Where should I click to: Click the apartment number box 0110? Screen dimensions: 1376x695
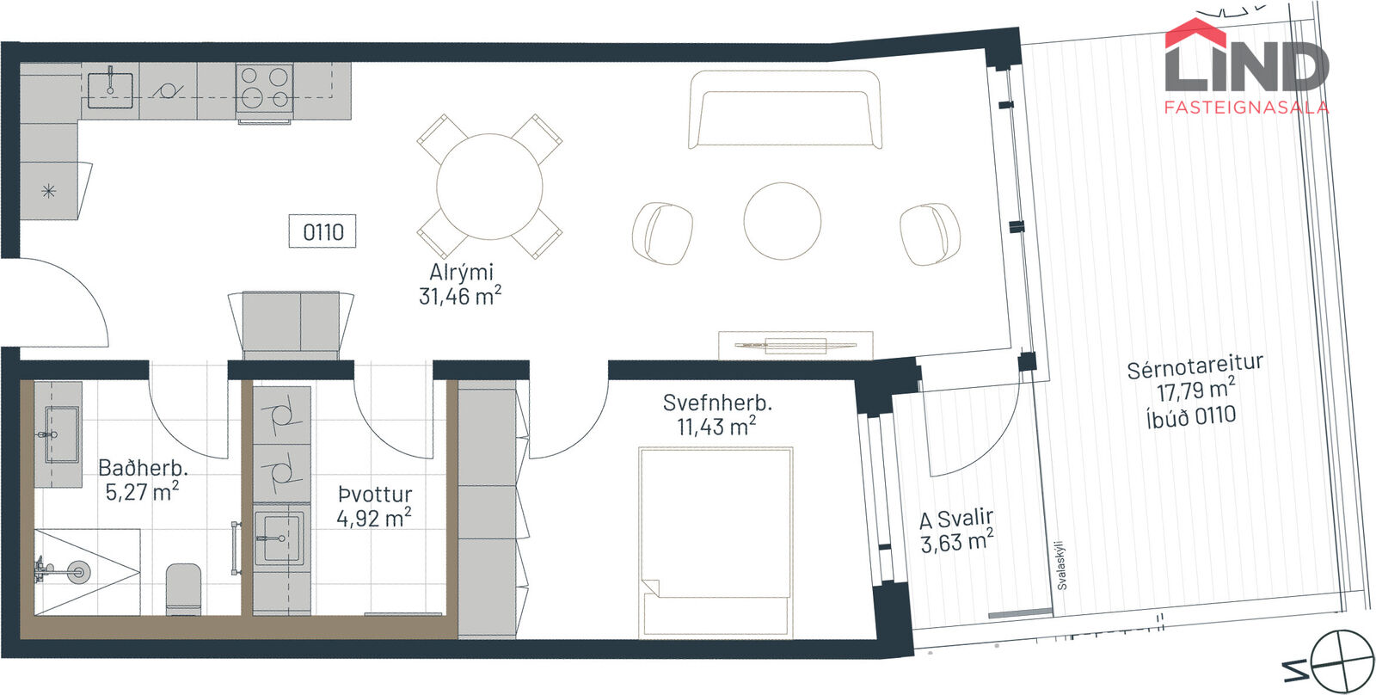[x=322, y=231]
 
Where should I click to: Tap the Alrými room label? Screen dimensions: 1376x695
[x=461, y=272]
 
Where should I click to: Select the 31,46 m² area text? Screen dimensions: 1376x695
[x=460, y=296]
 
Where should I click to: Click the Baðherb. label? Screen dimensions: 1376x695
[x=143, y=468]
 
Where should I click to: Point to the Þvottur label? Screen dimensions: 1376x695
[x=375, y=494]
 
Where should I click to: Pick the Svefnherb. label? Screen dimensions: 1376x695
[x=717, y=403]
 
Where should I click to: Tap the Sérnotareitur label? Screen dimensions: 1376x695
[x=1195, y=367]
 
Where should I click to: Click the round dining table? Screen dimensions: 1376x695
[x=489, y=186]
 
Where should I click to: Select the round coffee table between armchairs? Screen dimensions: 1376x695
[x=782, y=220]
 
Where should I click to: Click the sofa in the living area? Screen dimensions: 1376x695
[x=785, y=109]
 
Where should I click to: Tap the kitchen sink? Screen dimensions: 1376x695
[x=111, y=90]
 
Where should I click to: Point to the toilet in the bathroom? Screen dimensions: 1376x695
[x=184, y=588]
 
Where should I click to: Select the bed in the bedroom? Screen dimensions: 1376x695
[x=716, y=541]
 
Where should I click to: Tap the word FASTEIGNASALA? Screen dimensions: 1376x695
[x=1247, y=108]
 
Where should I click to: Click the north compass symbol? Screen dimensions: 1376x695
[x=1342, y=662]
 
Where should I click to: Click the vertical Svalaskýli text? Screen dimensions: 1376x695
[x=1061, y=565]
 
